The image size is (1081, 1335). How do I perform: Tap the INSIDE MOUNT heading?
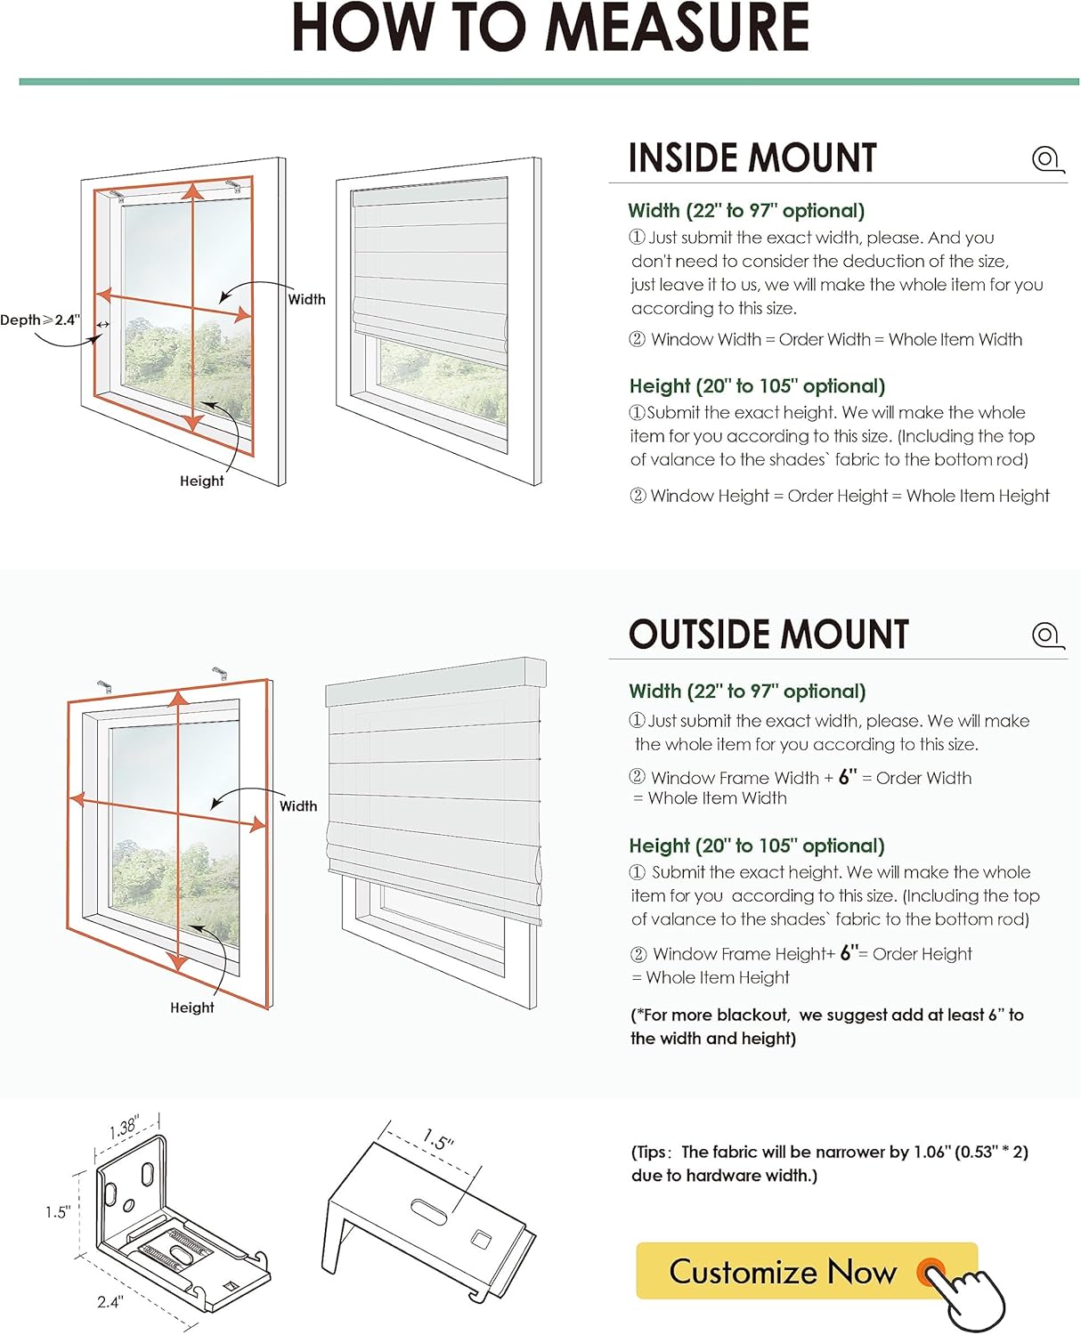(752, 158)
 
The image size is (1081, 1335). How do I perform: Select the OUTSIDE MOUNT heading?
(768, 635)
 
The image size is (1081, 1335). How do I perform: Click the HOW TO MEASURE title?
(550, 28)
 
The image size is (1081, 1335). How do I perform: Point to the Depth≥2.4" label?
(40, 320)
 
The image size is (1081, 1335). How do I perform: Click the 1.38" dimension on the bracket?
(123, 1128)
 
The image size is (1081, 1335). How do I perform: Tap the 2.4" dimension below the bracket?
(110, 1301)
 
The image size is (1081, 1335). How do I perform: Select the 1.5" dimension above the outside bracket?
(438, 1140)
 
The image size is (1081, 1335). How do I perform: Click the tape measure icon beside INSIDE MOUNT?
(1047, 159)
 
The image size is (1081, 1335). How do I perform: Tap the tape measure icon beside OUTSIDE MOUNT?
(1047, 635)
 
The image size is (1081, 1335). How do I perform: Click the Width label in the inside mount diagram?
(306, 300)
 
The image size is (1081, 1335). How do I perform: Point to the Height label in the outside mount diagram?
(192, 1007)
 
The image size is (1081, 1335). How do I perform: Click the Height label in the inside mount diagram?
(202, 481)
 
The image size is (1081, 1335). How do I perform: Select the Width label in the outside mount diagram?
(298, 806)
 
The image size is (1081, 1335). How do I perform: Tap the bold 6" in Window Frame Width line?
(847, 776)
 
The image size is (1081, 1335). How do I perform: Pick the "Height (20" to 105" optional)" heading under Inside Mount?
(757, 386)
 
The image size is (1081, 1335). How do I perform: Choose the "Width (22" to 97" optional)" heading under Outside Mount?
(747, 692)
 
